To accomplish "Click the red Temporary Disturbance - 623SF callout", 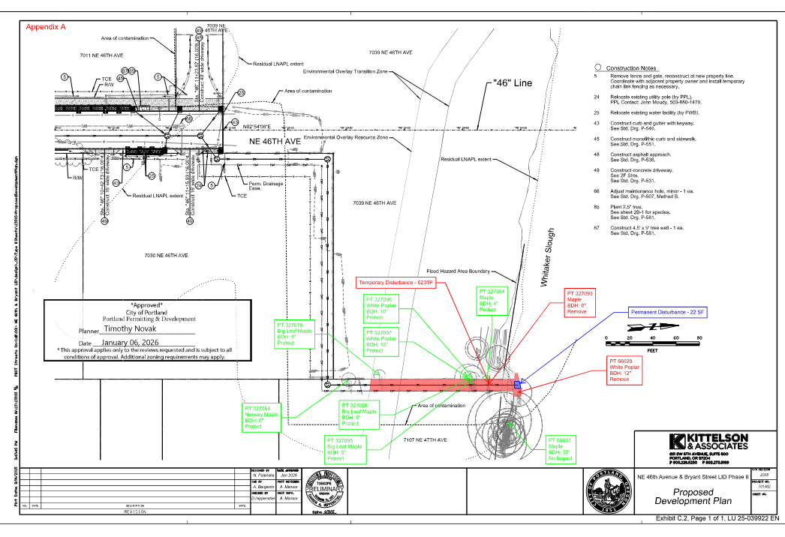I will (x=396, y=282).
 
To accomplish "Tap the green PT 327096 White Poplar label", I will (x=384, y=307).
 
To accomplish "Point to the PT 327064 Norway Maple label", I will (x=261, y=418).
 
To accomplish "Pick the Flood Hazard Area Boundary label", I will (x=458, y=271).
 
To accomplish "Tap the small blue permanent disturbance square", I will (x=518, y=385).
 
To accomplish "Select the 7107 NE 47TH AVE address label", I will (x=425, y=439).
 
